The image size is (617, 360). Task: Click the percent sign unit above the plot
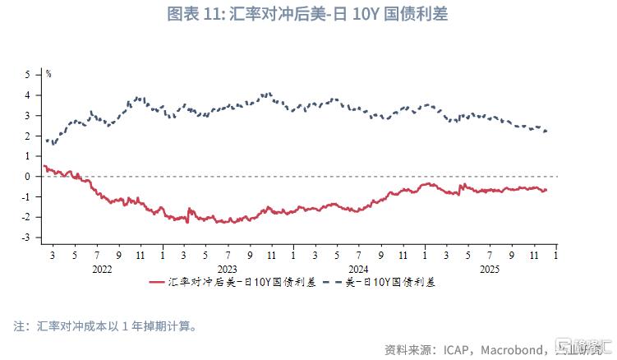48,74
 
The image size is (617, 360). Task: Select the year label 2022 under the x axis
102,269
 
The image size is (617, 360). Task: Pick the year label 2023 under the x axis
227,269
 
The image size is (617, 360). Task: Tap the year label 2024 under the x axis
358,269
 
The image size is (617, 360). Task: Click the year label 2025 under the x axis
488,269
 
